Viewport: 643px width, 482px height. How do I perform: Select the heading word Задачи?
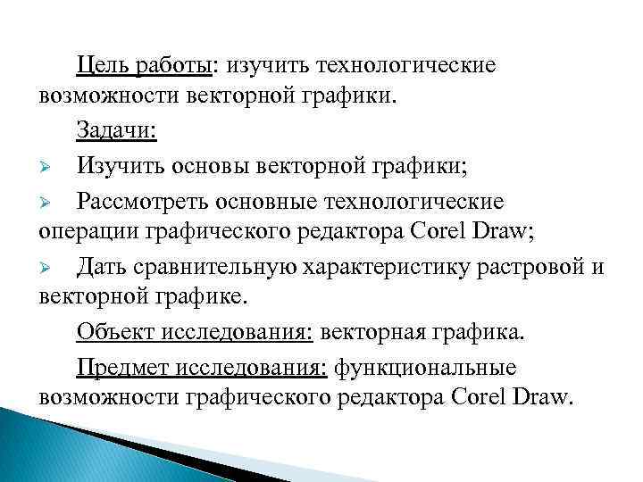[115, 131]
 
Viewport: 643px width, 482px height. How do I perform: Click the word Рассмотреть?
[146, 200]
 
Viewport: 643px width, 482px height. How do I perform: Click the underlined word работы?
[176, 66]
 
